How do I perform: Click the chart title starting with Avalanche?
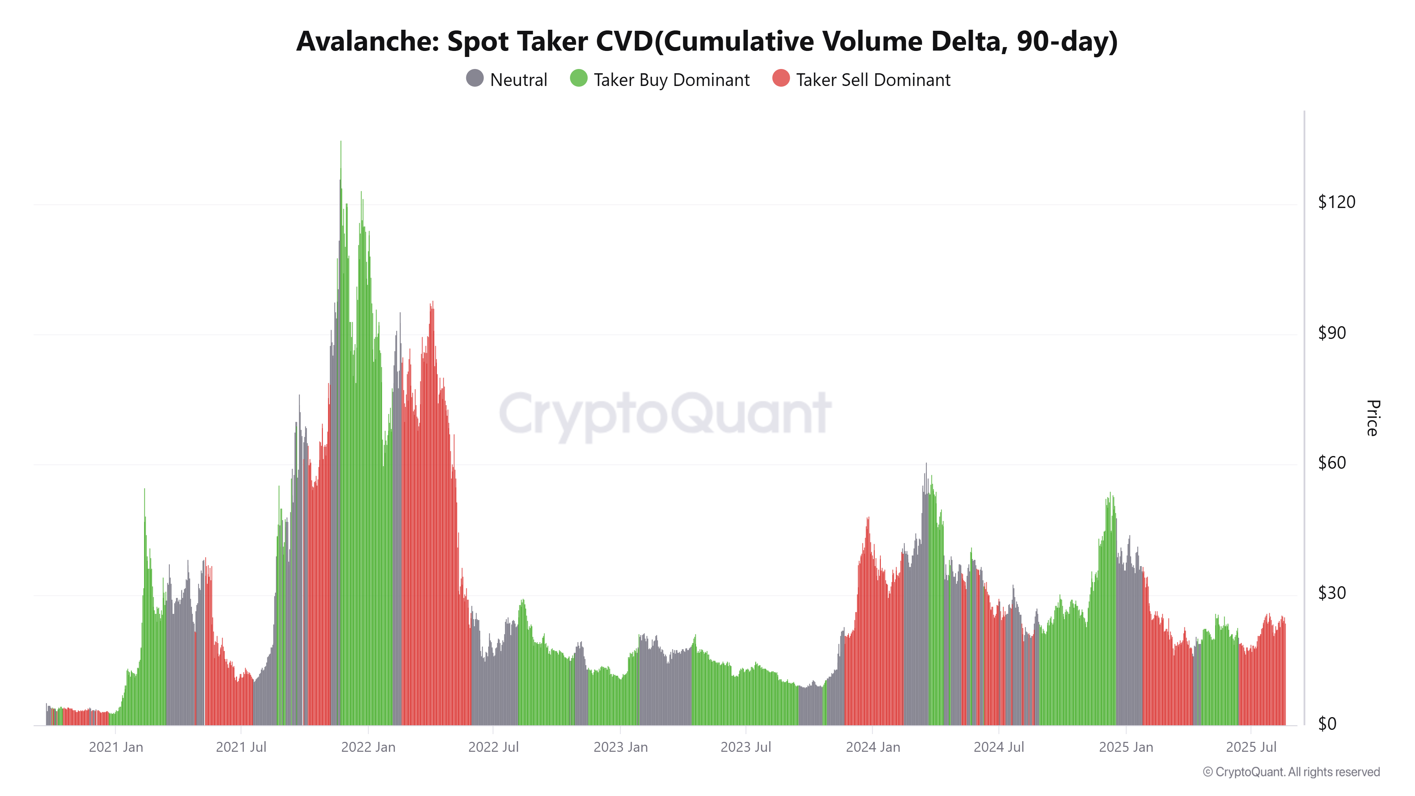coord(707,41)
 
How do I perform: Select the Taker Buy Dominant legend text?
coord(671,80)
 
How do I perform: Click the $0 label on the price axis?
coord(1327,724)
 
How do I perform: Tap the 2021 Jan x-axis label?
coord(116,747)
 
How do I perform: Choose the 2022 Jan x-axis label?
coord(368,747)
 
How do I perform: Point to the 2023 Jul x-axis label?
coord(745,747)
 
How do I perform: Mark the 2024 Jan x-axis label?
coord(873,747)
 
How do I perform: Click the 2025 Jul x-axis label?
coord(1251,747)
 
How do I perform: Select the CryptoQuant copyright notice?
coord(1291,772)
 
